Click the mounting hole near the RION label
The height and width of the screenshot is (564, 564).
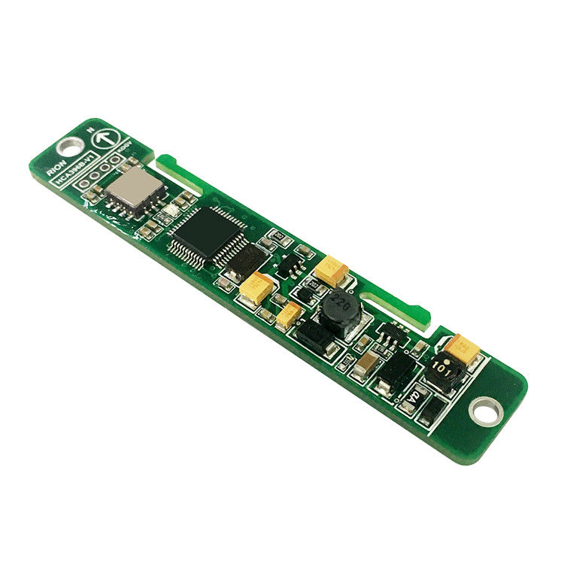69,147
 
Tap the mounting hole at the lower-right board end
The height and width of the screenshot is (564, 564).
485,411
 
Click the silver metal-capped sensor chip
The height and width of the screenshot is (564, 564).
133,190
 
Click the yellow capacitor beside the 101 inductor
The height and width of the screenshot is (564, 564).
462,350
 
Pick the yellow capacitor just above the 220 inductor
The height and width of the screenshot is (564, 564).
331,269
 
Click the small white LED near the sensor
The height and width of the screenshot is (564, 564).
172,211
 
